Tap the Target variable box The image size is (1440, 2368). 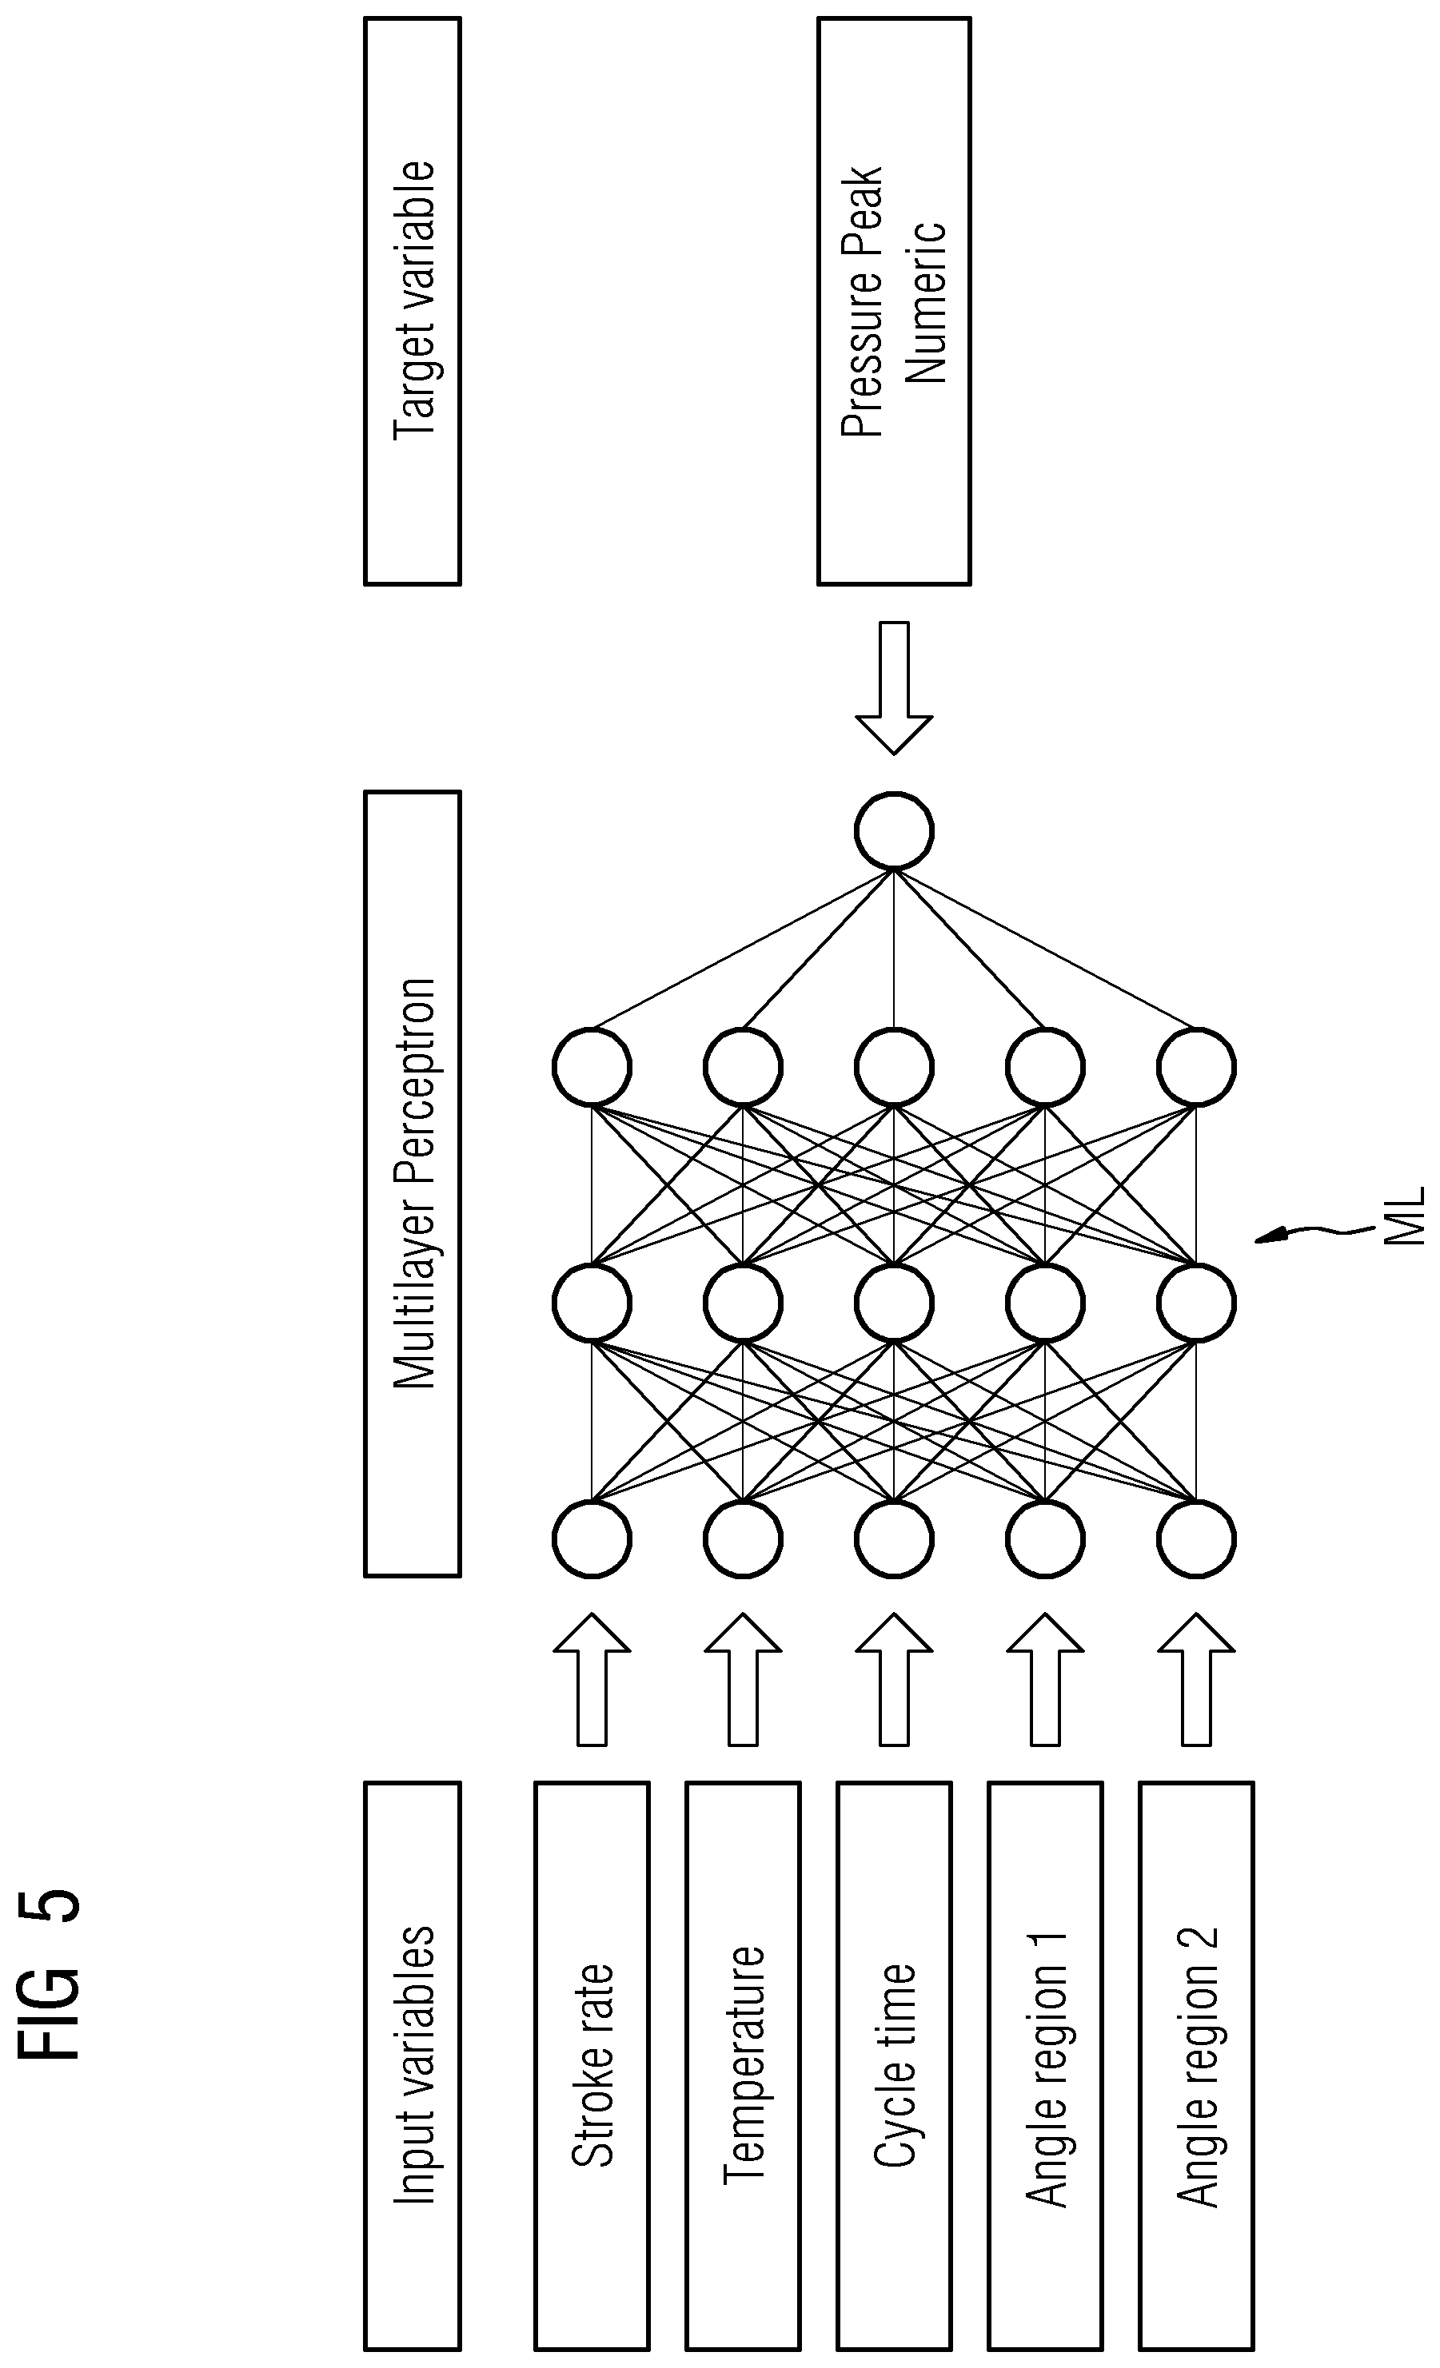coord(413,300)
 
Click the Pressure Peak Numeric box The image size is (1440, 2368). coord(894,300)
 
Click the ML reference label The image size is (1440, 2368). coord(1405,1216)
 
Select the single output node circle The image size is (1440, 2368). coord(894,830)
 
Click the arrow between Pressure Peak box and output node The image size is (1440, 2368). coord(894,687)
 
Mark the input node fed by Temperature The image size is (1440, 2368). coord(742,1538)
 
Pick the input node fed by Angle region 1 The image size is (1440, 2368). coord(1045,1538)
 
